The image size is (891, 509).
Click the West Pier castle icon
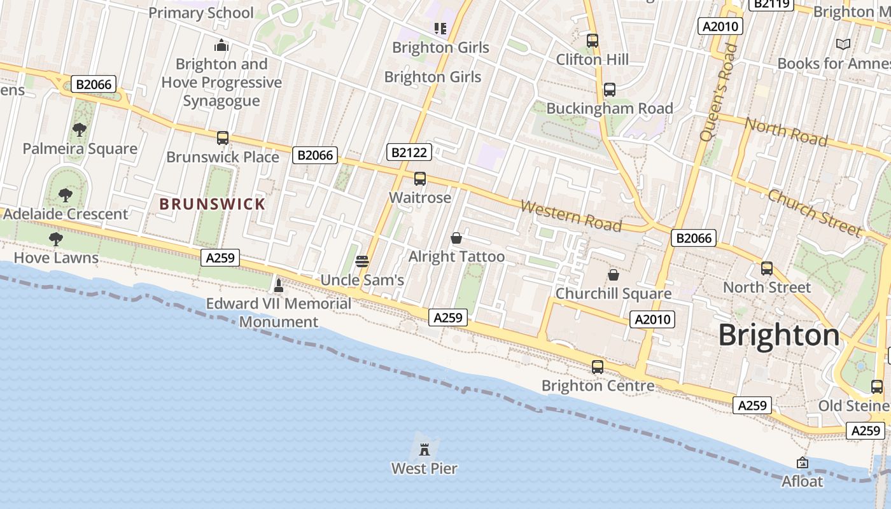tap(424, 449)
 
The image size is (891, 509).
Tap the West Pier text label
tap(424, 469)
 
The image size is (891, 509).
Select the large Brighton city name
tap(779, 335)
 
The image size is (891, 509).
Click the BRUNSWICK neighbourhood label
tap(212, 204)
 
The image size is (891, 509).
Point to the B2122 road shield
tap(409, 152)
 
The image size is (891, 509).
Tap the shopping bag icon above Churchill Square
tap(614, 275)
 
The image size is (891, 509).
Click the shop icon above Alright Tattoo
tap(456, 239)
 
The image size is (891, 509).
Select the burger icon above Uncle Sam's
tap(362, 261)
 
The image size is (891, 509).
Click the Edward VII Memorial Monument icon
tap(278, 285)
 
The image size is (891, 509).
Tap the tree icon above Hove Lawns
tap(56, 239)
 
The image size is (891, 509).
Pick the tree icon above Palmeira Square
tap(80, 130)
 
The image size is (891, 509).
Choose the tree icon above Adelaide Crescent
tap(65, 195)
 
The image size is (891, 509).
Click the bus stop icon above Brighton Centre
tap(598, 367)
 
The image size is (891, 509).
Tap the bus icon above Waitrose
tap(420, 179)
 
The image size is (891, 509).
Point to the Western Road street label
tap(571, 216)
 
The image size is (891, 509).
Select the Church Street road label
tap(815, 213)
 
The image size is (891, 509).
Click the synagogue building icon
tap(221, 45)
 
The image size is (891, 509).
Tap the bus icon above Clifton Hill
tap(593, 41)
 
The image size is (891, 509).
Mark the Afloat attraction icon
tap(803, 463)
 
